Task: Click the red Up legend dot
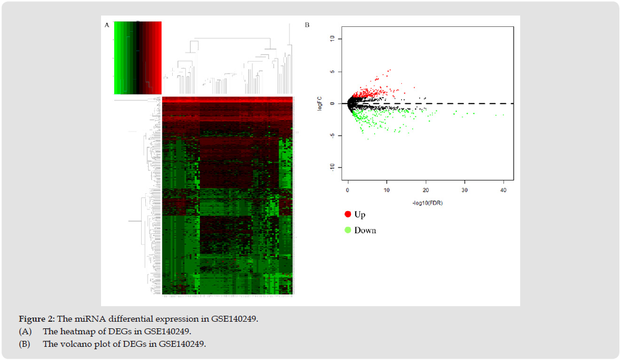[347, 214]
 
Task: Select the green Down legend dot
[347, 230]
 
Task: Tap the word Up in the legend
[360, 214]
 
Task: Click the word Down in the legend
[365, 230]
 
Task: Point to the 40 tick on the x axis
[503, 190]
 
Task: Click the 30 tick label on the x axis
[465, 190]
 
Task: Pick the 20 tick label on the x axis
[426, 190]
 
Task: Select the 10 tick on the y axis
[339, 39]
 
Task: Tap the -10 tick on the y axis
[339, 167]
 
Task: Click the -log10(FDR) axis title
[427, 203]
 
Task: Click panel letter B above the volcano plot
[307, 25]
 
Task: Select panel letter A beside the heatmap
[107, 25]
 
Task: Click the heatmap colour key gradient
[138, 57]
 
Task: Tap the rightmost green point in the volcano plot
[503, 115]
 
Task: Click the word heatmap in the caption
[72, 331]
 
